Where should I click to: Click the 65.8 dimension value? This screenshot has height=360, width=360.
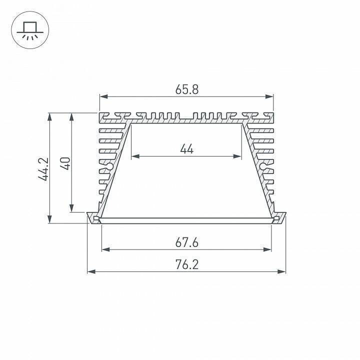click(x=187, y=89)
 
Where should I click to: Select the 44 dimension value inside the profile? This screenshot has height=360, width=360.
click(x=186, y=149)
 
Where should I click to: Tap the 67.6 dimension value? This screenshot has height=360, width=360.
click(x=187, y=242)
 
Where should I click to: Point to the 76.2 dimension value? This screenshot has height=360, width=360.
click(x=187, y=264)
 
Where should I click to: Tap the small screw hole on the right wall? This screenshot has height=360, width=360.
click(x=264, y=165)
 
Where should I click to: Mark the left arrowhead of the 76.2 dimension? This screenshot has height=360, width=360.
click(x=90, y=271)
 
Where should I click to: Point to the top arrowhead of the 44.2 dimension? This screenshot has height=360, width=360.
click(x=49, y=116)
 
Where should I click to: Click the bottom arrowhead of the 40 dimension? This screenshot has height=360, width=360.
click(x=72, y=208)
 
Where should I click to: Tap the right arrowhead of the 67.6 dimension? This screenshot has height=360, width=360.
click(x=268, y=249)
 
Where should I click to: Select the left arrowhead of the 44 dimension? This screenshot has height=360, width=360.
click(x=134, y=156)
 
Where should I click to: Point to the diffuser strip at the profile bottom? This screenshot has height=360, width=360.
click(x=186, y=219)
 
